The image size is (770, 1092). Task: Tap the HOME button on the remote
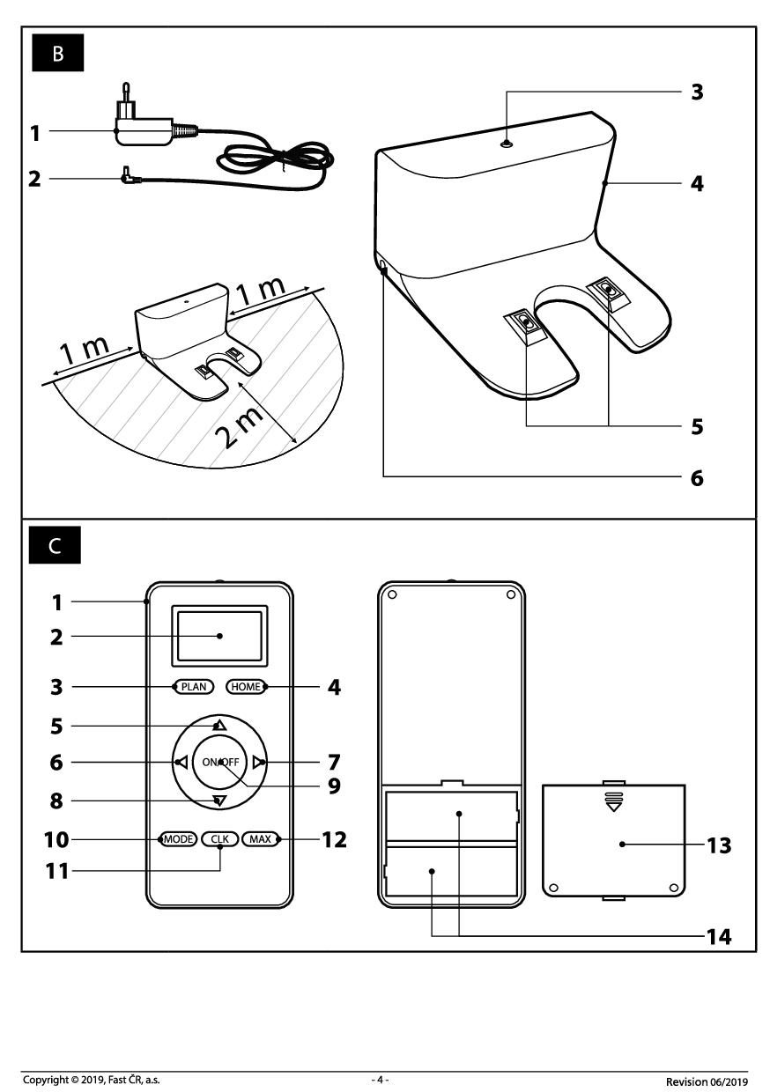tap(245, 686)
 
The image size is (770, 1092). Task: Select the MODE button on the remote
tap(178, 839)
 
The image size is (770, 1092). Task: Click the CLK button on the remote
tap(219, 839)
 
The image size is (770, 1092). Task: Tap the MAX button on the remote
tap(260, 839)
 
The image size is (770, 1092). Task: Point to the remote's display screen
tap(219, 635)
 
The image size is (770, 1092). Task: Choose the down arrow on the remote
tap(219, 801)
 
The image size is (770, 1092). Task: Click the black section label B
tap(58, 54)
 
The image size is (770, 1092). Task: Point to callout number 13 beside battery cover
tap(719, 845)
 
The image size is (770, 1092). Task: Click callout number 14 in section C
tap(719, 936)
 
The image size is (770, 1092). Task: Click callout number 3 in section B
tap(697, 92)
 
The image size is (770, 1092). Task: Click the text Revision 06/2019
tap(707, 1080)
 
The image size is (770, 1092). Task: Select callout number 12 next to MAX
tap(334, 839)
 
